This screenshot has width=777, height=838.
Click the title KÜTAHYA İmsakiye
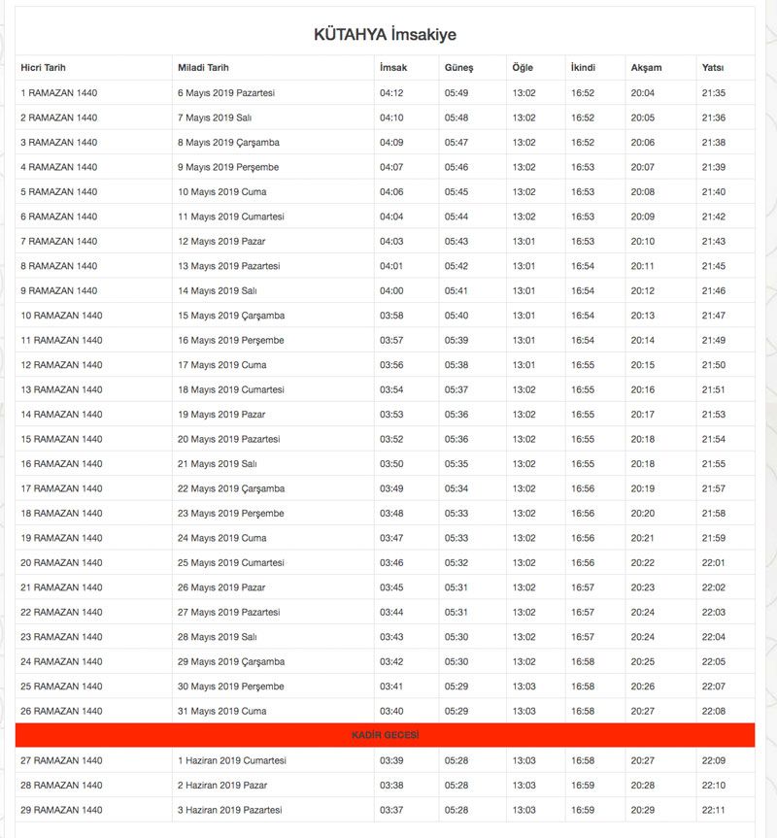(385, 35)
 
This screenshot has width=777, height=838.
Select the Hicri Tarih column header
(50, 68)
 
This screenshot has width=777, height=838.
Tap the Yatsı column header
(712, 68)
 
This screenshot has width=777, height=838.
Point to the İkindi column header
(583, 68)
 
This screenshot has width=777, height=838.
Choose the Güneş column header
(458, 68)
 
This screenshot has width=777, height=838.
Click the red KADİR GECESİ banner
(385, 735)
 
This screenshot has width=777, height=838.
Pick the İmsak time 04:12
(391, 93)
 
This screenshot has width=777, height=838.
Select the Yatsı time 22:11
(713, 810)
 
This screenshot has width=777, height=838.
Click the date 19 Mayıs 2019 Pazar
(221, 415)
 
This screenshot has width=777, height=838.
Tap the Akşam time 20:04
(643, 93)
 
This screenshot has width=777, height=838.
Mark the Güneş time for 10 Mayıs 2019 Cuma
(456, 192)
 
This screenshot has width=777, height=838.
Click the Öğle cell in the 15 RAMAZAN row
(524, 439)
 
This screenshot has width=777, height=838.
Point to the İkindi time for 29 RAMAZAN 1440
(583, 810)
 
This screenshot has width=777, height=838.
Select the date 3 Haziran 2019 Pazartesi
(229, 810)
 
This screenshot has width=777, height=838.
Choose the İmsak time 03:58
(391, 316)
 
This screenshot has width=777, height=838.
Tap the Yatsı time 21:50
(713, 365)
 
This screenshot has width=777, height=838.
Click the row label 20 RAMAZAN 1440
(61, 563)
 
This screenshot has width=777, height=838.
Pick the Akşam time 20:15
(643, 365)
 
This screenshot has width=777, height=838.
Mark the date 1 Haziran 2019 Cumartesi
(231, 760)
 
